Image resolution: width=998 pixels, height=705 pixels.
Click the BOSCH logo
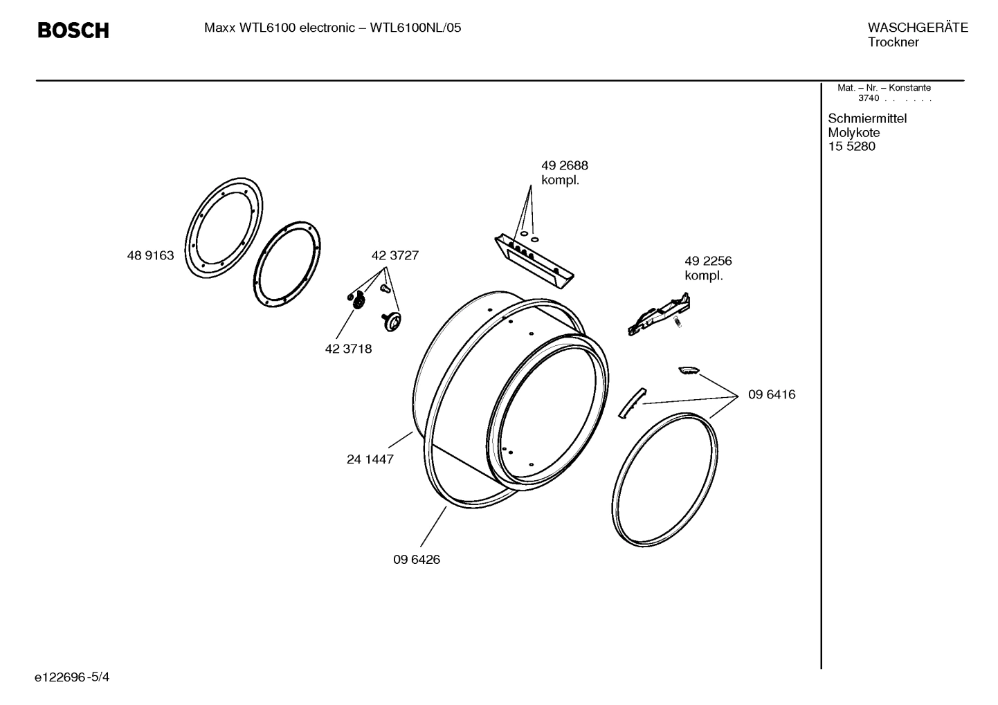click(73, 30)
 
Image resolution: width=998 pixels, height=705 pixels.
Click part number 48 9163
click(150, 255)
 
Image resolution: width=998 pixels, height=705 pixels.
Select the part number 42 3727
click(394, 255)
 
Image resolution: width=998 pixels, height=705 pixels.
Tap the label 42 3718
click(348, 349)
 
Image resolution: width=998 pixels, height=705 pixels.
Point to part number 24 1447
click(370, 459)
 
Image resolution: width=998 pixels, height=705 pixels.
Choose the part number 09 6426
click(416, 559)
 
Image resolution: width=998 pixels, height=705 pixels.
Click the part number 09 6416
click(771, 394)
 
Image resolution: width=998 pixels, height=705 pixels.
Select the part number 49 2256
click(708, 261)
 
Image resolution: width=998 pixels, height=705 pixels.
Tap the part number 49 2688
click(564, 165)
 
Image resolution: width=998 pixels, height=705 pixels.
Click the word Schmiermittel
click(867, 118)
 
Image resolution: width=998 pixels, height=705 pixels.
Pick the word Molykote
click(853, 132)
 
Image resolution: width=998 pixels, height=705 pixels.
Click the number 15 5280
click(851, 146)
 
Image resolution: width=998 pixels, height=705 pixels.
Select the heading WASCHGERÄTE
click(917, 28)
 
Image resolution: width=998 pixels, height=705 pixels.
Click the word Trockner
click(893, 42)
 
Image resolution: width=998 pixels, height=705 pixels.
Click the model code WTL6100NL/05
click(415, 28)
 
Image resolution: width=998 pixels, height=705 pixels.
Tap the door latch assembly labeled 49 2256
click(658, 314)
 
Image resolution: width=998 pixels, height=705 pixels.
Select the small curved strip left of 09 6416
click(630, 402)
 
